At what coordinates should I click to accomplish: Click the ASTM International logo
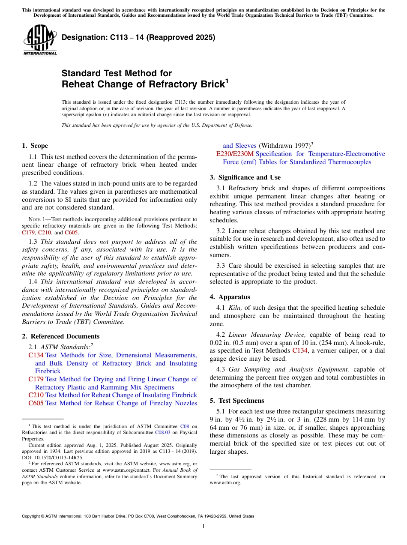coord(40,40)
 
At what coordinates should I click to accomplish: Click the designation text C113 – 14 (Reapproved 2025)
coord(138,38)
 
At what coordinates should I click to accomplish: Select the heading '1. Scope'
coord(35,146)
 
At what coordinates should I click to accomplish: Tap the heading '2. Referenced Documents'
coord(61,336)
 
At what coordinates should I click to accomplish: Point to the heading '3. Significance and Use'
coord(245,177)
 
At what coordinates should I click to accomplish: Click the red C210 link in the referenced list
coord(36,395)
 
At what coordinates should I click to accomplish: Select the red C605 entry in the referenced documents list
coord(36,403)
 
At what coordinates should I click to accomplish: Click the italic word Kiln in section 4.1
coord(236,308)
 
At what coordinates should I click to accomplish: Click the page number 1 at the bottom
coord(203,527)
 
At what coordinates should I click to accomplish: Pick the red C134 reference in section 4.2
coord(300,350)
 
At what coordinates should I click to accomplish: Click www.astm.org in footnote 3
coord(225,482)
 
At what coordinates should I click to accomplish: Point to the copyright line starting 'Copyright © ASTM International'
coord(138,516)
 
